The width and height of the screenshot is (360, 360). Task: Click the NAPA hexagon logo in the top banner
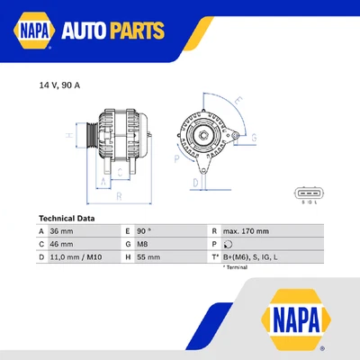coord(32,32)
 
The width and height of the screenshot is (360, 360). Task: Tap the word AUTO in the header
coord(89,33)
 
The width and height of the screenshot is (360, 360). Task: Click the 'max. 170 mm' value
coord(246,231)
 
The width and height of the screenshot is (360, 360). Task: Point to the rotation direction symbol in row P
coord(228,244)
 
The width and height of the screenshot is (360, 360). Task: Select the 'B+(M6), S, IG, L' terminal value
coord(253,256)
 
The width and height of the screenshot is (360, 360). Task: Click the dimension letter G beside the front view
coord(254,138)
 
